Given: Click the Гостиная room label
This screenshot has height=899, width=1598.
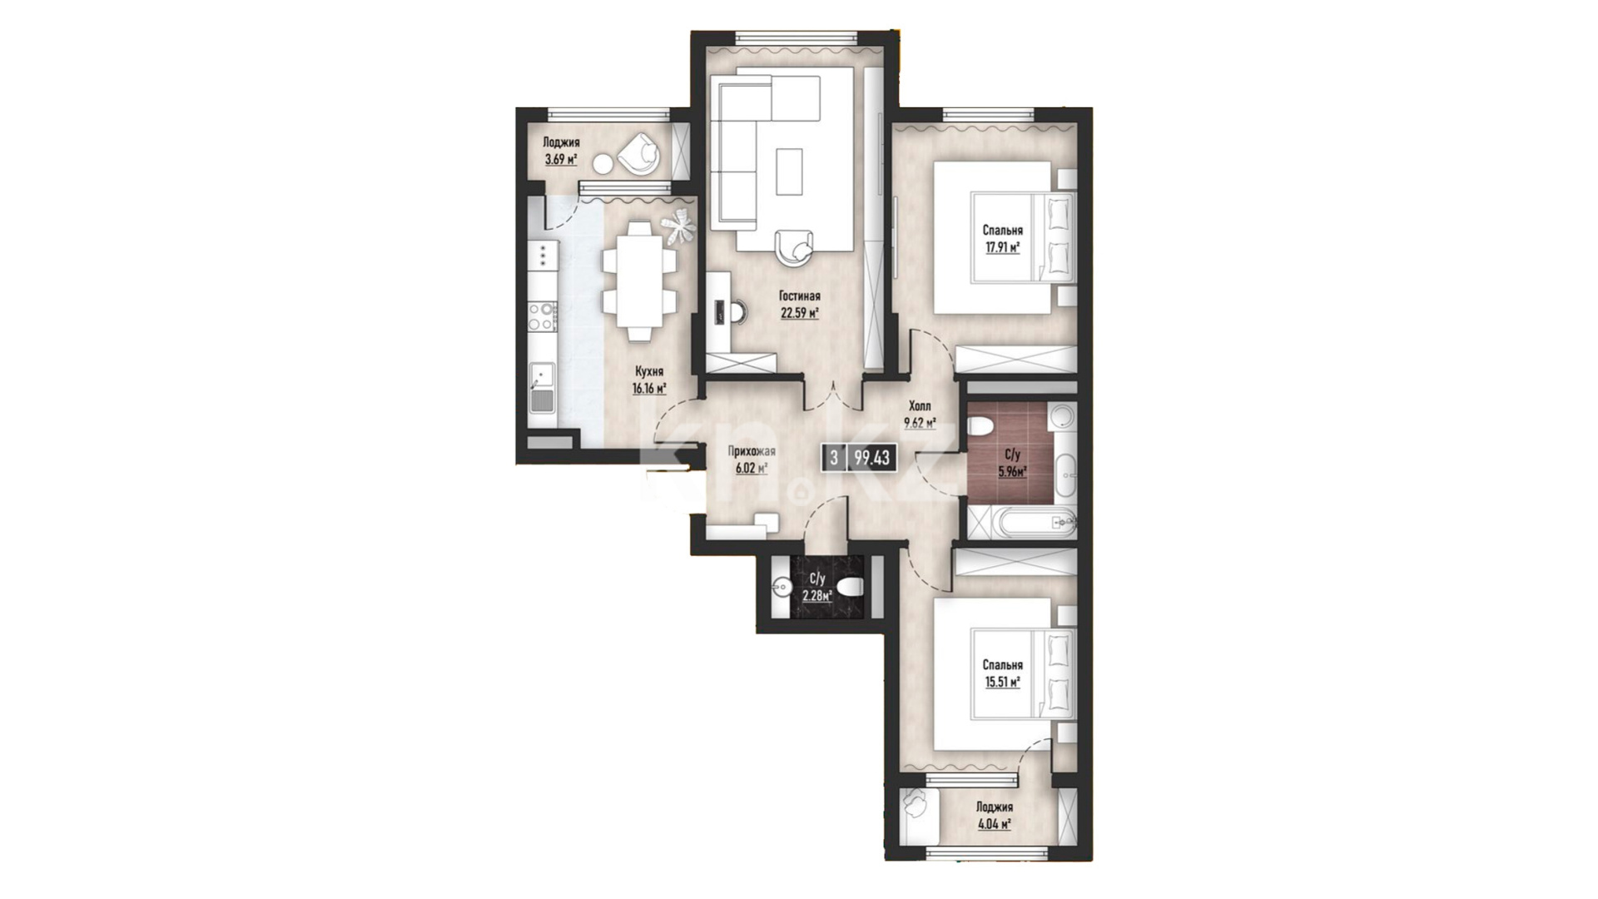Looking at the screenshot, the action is [x=800, y=296].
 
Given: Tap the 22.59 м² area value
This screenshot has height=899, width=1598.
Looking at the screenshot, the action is [x=800, y=314].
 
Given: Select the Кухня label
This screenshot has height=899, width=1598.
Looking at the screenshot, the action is [x=649, y=371].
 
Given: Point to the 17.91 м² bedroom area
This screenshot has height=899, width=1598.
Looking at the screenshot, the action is [x=1002, y=247].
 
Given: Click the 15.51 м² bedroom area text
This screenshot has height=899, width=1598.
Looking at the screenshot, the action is [x=1002, y=682].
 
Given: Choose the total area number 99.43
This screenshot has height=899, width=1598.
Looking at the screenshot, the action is [x=872, y=458].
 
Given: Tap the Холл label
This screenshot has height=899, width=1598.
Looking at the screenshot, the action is [x=920, y=406].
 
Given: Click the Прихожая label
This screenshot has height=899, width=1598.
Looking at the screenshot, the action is [x=752, y=452].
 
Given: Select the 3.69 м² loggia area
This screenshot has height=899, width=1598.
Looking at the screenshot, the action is [x=561, y=160].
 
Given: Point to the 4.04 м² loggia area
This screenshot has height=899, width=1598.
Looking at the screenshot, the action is [x=995, y=824].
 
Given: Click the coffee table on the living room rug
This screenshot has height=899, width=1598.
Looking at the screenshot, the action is [x=790, y=171].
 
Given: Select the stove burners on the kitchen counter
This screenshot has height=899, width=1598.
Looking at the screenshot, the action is [x=544, y=316].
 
